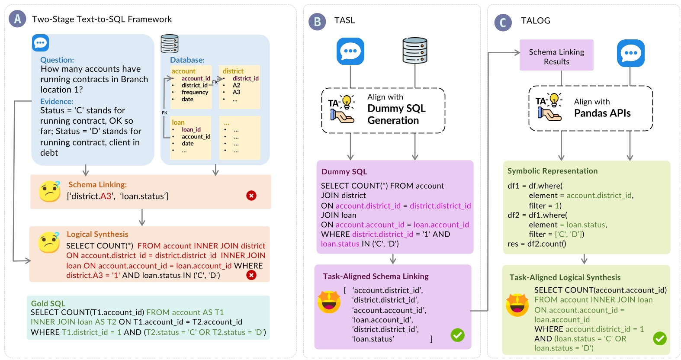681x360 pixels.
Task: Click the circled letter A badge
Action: (x=17, y=19)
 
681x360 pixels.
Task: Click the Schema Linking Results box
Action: (x=556, y=55)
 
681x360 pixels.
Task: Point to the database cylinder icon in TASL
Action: (x=415, y=51)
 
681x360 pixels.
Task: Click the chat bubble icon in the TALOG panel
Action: (x=630, y=53)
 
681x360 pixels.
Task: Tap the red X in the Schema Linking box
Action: (x=251, y=196)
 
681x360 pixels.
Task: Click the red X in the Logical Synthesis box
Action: (x=251, y=275)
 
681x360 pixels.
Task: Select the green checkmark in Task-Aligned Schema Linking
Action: (x=457, y=335)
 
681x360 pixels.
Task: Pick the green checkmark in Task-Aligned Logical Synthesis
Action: (x=660, y=338)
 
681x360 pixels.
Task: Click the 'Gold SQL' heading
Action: (x=48, y=303)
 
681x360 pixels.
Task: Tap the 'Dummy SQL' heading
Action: (x=344, y=172)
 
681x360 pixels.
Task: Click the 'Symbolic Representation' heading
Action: (x=553, y=171)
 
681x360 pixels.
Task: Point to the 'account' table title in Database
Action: (x=183, y=71)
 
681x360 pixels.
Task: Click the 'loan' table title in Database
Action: (x=178, y=122)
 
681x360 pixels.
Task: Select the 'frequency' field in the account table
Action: (x=195, y=92)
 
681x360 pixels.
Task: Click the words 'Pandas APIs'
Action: (x=602, y=113)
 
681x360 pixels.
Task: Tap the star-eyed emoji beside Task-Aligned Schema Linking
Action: (x=329, y=302)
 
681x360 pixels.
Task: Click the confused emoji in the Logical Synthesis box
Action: (x=49, y=242)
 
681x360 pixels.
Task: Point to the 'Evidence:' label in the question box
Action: (x=57, y=101)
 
